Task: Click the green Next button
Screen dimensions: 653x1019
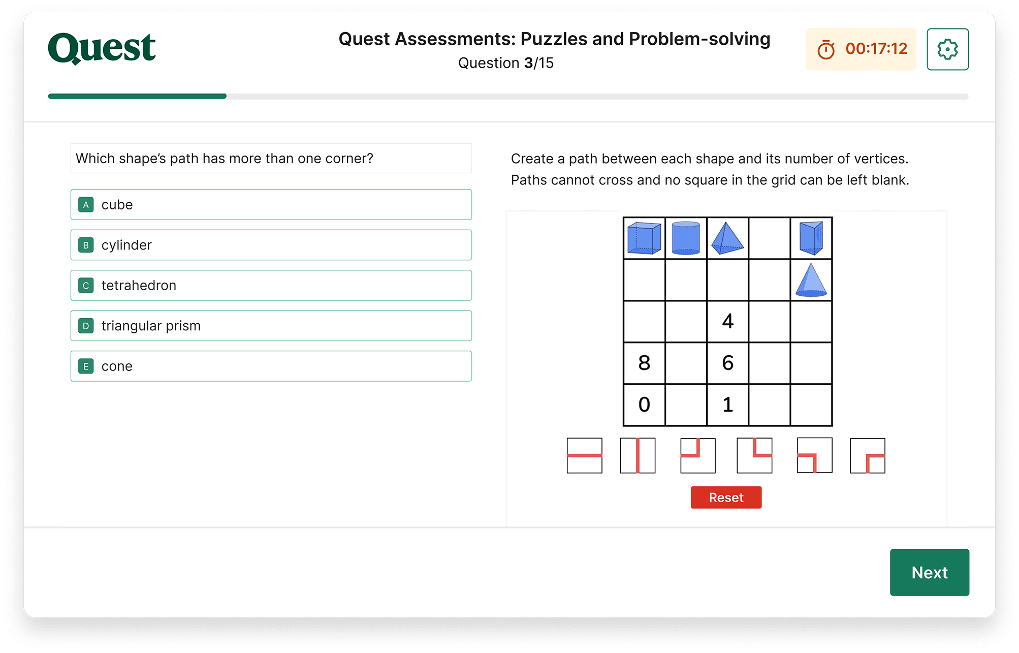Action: [x=929, y=572]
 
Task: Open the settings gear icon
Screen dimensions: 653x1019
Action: [x=947, y=49]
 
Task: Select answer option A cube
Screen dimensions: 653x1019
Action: [x=271, y=205]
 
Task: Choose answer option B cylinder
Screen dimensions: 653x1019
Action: [x=271, y=245]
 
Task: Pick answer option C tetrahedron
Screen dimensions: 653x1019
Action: [x=271, y=286]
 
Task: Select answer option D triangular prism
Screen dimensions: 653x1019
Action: [x=271, y=326]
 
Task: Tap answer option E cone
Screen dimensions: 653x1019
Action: [x=271, y=366]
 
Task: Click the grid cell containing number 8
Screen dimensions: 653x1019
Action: [x=644, y=363]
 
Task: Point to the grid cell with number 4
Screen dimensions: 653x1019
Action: [x=727, y=322]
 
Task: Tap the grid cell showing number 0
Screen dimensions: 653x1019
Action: [x=644, y=405]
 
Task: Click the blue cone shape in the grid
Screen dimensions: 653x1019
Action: [x=811, y=280]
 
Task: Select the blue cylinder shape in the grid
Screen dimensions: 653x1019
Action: [x=686, y=238]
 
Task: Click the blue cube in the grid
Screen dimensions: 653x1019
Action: [x=644, y=238]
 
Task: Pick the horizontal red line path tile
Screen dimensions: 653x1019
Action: [x=584, y=456]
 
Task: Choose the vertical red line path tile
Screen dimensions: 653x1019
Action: [x=638, y=456]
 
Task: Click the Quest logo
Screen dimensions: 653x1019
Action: [x=102, y=48]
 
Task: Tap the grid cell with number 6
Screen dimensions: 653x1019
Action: [x=727, y=363]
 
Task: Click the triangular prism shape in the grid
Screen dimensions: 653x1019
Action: [x=811, y=238]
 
